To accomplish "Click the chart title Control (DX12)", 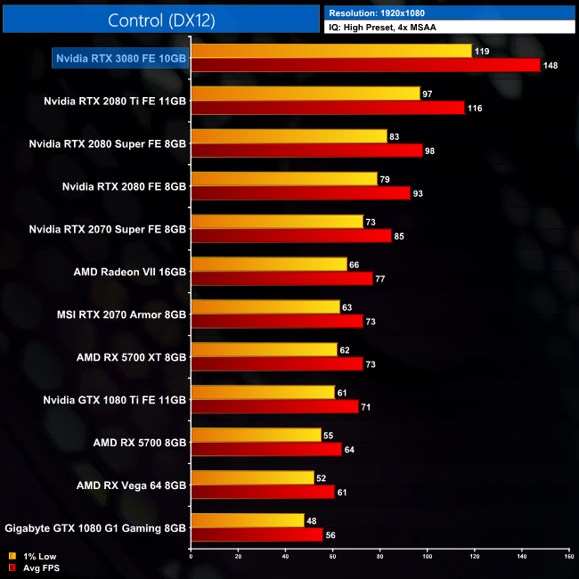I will click(161, 20).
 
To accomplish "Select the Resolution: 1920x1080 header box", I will click(450, 12).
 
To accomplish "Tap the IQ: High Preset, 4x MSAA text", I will click(450, 27).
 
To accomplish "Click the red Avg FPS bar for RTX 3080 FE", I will click(365, 65).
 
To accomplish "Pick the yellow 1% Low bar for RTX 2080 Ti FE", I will click(306, 94).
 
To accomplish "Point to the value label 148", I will click(551, 65).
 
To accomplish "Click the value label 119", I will click(482, 52).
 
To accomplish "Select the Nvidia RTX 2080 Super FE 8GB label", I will click(107, 143).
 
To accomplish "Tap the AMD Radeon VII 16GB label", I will click(129, 271).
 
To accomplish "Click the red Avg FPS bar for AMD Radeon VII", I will click(281, 279).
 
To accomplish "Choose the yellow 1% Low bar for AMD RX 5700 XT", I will click(264, 350).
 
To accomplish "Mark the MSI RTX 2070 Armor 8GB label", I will click(121, 314).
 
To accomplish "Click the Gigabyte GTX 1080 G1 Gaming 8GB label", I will click(95, 527).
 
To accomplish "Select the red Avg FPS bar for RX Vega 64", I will click(263, 493).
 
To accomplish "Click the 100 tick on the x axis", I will click(427, 557).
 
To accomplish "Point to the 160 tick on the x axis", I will click(568, 557).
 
